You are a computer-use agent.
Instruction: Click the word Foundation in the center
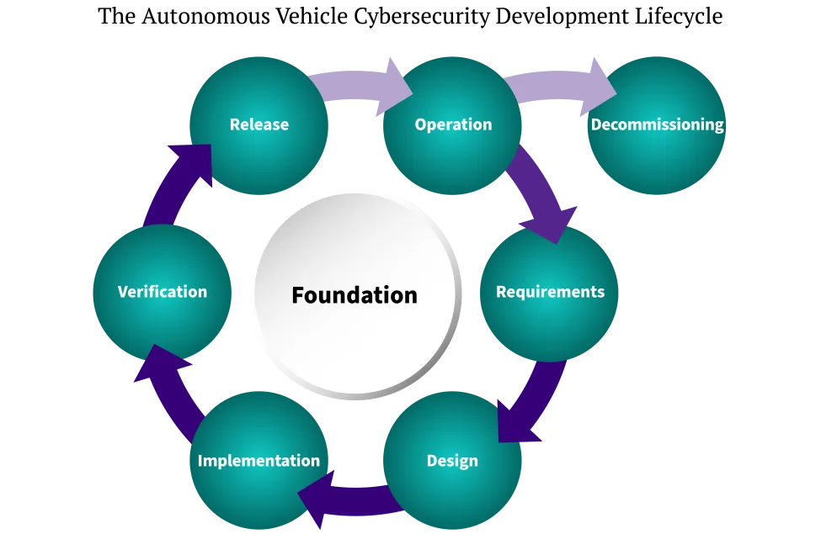pos(355,295)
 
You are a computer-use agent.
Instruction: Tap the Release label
pos(259,124)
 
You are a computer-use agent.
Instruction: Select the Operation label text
pos(453,124)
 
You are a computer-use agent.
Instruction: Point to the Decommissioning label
pos(657,124)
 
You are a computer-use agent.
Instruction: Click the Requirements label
pos(550,292)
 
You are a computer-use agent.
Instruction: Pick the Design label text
pos(452,461)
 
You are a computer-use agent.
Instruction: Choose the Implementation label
pos(259,461)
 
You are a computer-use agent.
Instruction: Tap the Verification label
pos(163,292)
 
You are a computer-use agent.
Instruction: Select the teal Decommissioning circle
pos(657,160)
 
